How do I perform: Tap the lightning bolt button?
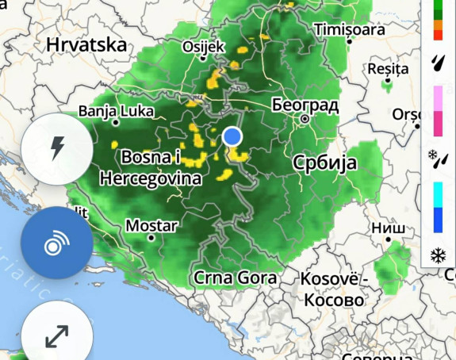click(57, 148)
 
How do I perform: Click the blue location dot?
click(232, 136)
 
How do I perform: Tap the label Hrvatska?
click(86, 44)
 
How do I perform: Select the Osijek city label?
click(204, 47)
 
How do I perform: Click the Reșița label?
click(388, 69)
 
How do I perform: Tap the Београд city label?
click(305, 105)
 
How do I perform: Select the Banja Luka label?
click(115, 111)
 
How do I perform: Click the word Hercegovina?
click(150, 179)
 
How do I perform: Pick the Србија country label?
click(324, 164)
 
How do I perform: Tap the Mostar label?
click(151, 226)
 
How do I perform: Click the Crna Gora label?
click(236, 278)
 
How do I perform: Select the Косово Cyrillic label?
click(332, 301)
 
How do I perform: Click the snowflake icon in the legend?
click(438, 255)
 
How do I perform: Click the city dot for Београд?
click(304, 119)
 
